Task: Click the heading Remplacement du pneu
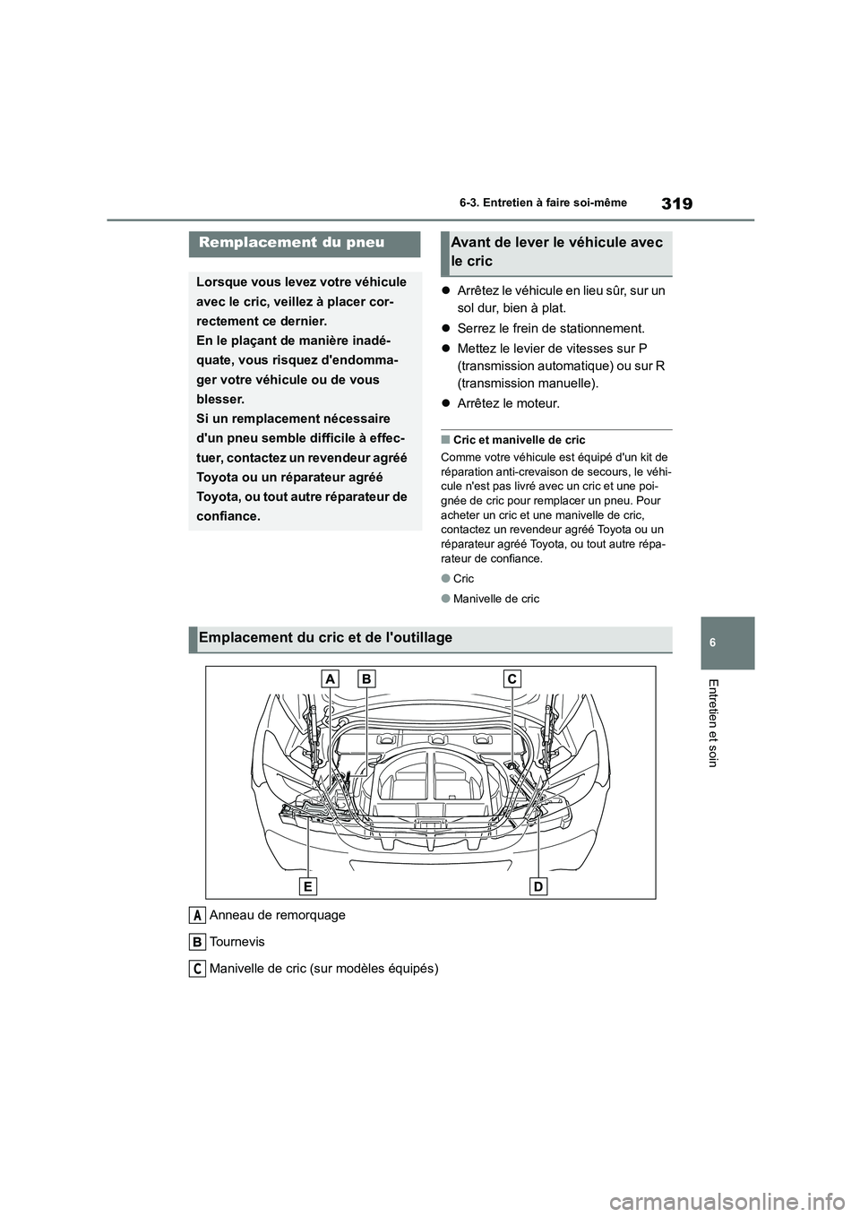point(291,242)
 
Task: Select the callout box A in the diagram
point(331,680)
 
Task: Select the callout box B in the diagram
point(365,680)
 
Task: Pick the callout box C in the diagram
point(512,680)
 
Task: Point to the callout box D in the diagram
point(538,886)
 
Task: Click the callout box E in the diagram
point(308,886)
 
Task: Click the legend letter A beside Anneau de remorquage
point(197,915)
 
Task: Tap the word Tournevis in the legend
point(236,942)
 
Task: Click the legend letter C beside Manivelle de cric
point(197,969)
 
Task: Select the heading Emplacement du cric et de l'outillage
point(325,638)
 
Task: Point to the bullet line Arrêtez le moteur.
point(508,403)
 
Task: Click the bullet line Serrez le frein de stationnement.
point(550,328)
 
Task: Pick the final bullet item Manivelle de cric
point(495,599)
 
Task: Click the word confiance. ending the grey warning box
point(228,516)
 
